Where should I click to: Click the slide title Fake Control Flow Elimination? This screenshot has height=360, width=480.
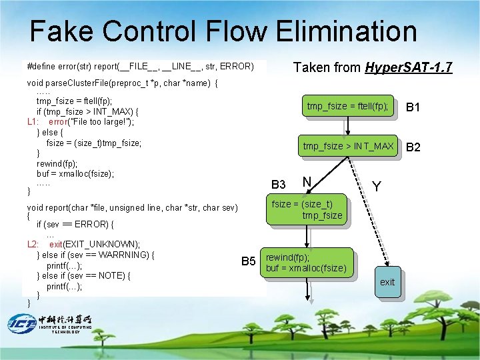tap(223, 31)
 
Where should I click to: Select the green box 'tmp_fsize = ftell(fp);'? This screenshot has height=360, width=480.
tap(347, 107)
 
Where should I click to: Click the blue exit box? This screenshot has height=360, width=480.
tap(387, 282)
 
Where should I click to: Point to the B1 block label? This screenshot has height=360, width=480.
tap(413, 107)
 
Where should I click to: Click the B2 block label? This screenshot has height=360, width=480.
tap(413, 147)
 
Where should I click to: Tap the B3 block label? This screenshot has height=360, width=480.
tap(278, 185)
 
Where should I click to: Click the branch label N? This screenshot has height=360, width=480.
tap(307, 182)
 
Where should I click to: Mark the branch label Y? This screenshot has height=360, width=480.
tap(377, 187)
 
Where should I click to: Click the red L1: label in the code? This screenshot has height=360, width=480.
tap(35, 121)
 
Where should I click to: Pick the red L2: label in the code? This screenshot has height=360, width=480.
tap(35, 244)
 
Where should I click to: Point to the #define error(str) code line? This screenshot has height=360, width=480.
tap(140, 67)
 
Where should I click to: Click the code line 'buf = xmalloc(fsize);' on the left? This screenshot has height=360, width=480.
tap(75, 173)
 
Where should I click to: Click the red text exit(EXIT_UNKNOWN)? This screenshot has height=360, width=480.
tap(94, 244)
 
